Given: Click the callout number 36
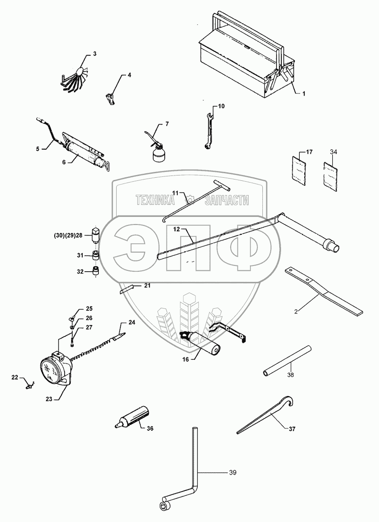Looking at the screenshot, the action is point(150,428).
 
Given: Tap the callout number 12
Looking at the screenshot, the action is point(176,229).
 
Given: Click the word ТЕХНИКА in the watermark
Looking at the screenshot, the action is point(155,201).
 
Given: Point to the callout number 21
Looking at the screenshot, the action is point(147,285).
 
